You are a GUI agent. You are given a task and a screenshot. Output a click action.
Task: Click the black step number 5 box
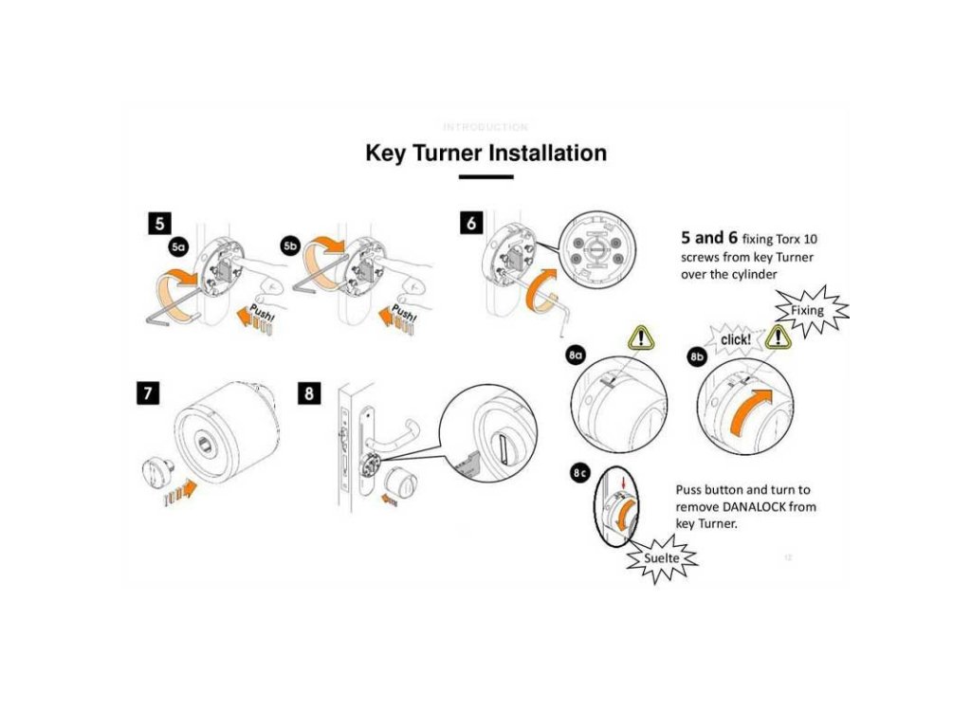pos(158,223)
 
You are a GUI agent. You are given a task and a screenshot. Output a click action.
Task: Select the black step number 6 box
pos(470,223)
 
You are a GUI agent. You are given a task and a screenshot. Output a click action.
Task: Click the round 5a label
pos(179,248)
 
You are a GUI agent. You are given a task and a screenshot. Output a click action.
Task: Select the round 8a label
pos(576,355)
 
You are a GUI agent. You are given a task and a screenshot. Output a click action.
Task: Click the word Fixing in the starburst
pos(800,310)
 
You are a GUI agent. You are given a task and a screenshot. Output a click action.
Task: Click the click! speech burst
pos(737,339)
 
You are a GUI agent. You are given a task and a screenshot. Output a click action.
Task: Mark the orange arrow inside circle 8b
pos(749,412)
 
